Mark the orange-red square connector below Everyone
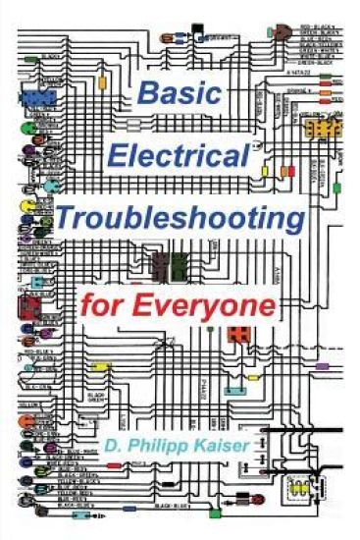[238, 334]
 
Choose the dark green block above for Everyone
[180, 265]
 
